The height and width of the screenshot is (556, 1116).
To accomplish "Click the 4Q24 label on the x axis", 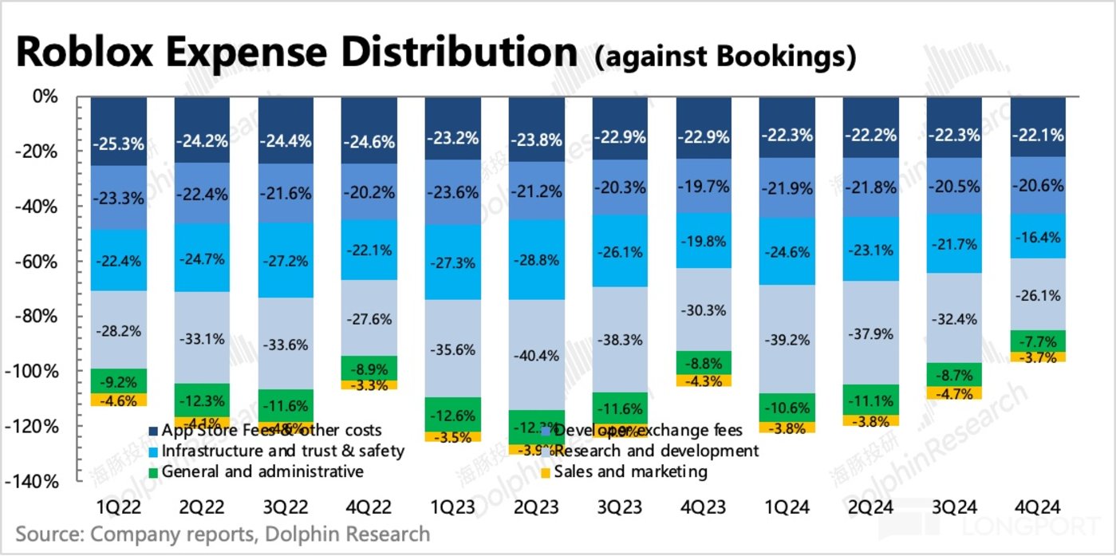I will coord(1037,507).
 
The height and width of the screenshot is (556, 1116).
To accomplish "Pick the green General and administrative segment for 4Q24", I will coord(1037,341).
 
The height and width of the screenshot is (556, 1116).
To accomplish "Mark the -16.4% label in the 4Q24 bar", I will coord(1037,237).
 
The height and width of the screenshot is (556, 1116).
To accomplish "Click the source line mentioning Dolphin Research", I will coord(223,534).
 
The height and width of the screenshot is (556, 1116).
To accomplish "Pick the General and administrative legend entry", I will coord(262,471).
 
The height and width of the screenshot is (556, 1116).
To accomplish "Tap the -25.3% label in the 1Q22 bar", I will coord(119,144).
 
